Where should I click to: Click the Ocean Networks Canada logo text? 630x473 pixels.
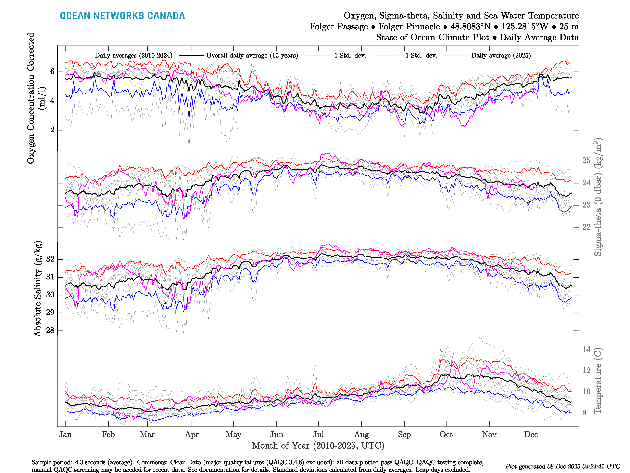122,16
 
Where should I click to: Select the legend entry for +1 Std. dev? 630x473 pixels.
418,56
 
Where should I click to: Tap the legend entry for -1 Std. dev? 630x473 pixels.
349,56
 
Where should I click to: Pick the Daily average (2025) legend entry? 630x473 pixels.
501,56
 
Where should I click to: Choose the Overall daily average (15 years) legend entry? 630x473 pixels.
252,56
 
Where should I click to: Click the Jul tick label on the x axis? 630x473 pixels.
318,435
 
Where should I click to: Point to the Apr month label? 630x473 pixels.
192,435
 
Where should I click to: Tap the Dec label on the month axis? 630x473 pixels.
531,435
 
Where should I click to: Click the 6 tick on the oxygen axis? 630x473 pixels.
52,72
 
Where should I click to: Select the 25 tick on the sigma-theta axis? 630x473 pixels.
586,160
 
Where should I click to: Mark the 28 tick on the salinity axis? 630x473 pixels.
50,331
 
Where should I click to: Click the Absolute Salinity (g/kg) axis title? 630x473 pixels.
38,289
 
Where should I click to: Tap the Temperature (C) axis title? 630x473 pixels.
598,381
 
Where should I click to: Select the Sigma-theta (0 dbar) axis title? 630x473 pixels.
598,197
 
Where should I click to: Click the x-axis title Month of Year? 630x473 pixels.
318,446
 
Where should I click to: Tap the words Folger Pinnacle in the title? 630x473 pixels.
409,27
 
